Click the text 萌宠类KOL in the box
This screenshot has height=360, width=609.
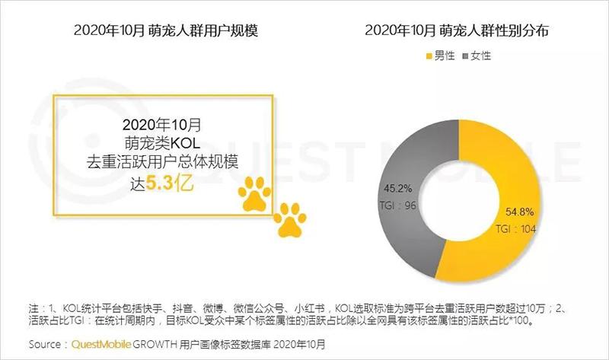coord(161,142)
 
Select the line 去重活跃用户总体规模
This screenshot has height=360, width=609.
coord(161,161)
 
